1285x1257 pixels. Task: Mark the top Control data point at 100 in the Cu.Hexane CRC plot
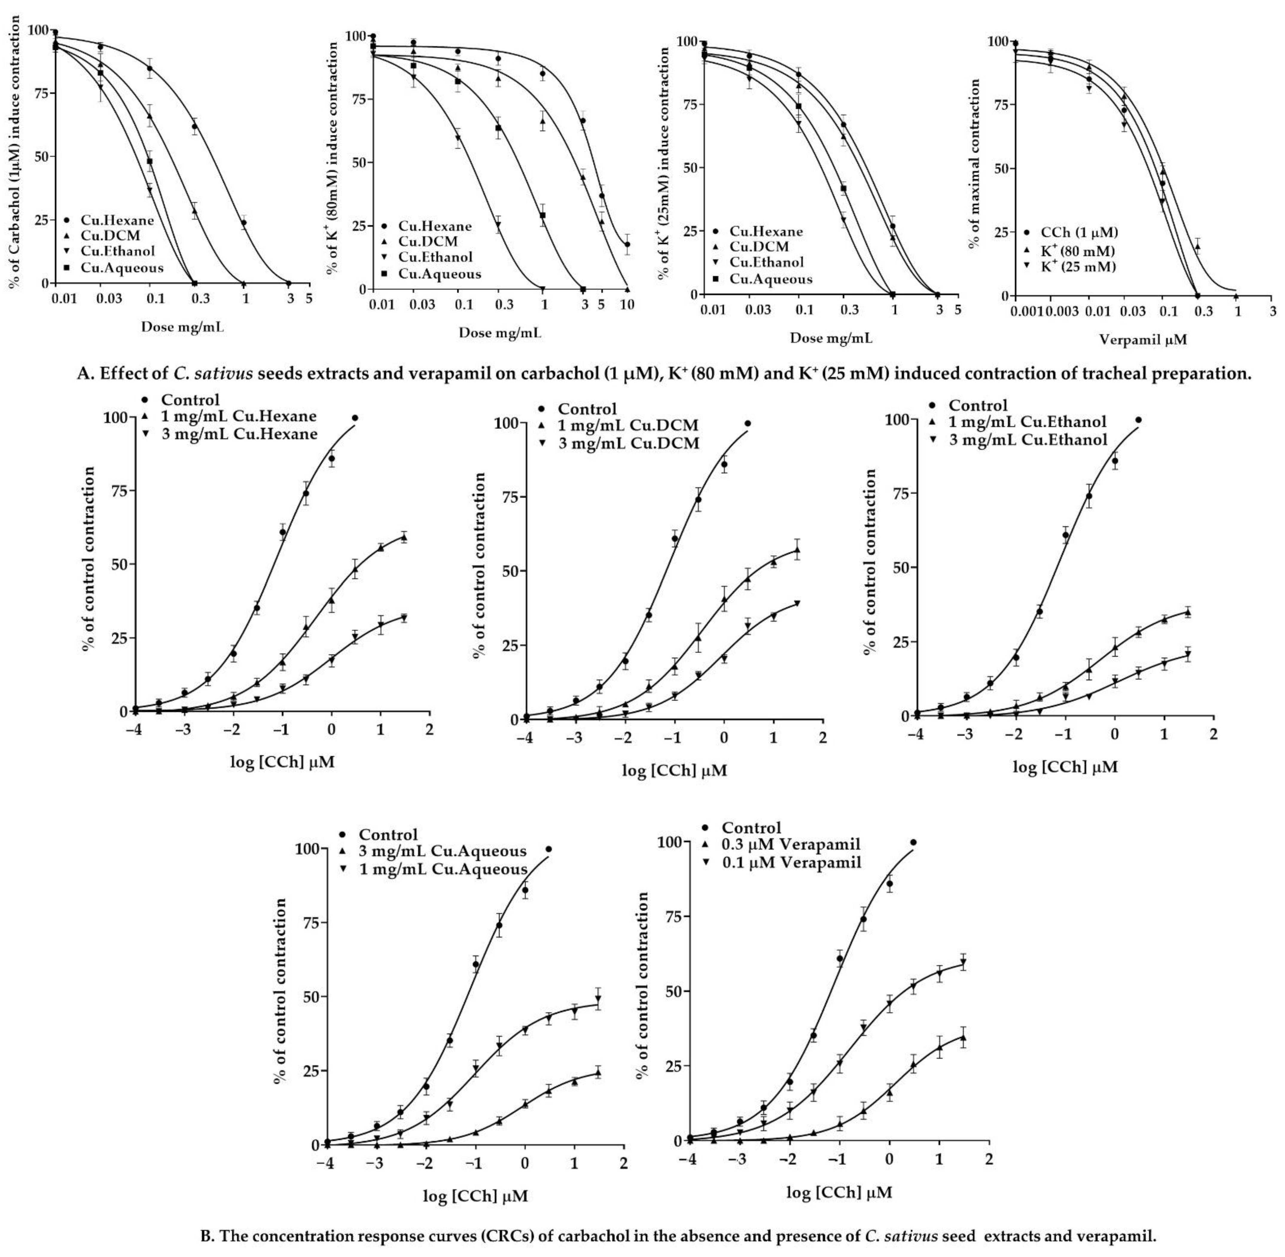355,418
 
